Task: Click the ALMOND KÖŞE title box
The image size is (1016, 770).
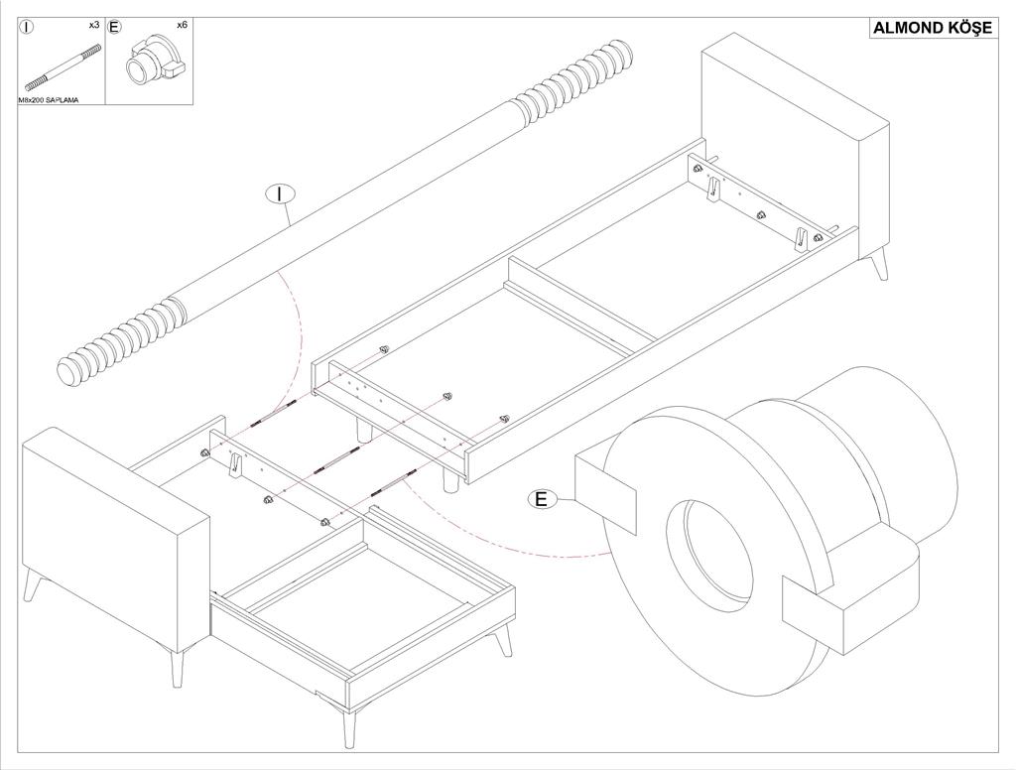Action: [932, 28]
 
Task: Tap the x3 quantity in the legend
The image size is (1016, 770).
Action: [93, 24]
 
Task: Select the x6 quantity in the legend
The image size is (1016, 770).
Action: [182, 24]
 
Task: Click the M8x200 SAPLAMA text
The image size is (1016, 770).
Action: [49, 100]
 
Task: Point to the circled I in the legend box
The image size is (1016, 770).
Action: [28, 27]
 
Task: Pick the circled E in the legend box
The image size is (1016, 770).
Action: [114, 27]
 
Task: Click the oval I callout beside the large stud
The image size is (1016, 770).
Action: [281, 194]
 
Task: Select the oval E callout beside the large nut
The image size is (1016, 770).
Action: [541, 499]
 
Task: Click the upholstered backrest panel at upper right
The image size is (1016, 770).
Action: [794, 139]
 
